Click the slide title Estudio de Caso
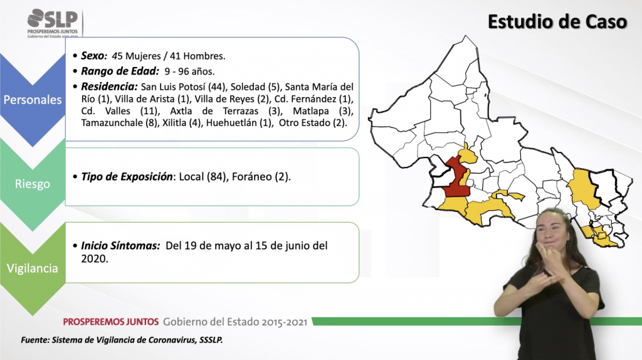[557, 22]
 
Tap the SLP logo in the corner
[53, 23]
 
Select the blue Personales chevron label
[33, 100]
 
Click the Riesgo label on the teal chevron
[33, 184]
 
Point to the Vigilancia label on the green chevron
[33, 268]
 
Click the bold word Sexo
[94, 56]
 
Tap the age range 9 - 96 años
[189, 71]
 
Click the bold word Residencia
[109, 87]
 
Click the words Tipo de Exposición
[127, 176]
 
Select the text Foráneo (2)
[261, 176]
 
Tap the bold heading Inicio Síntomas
[120, 246]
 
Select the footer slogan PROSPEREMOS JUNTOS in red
[110, 322]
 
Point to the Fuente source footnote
[122, 340]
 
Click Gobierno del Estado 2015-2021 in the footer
[235, 322]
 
